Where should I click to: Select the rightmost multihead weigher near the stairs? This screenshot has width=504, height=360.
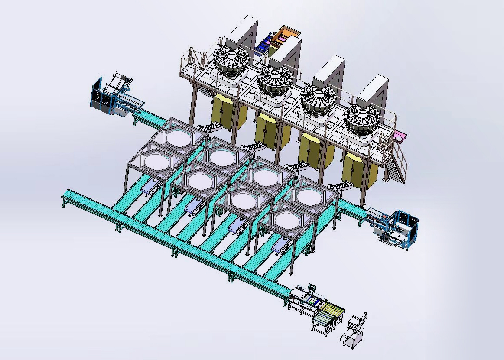(x=362, y=120)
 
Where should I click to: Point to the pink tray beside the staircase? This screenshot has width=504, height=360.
(x=400, y=137)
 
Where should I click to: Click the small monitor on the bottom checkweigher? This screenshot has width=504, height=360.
(x=312, y=287)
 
